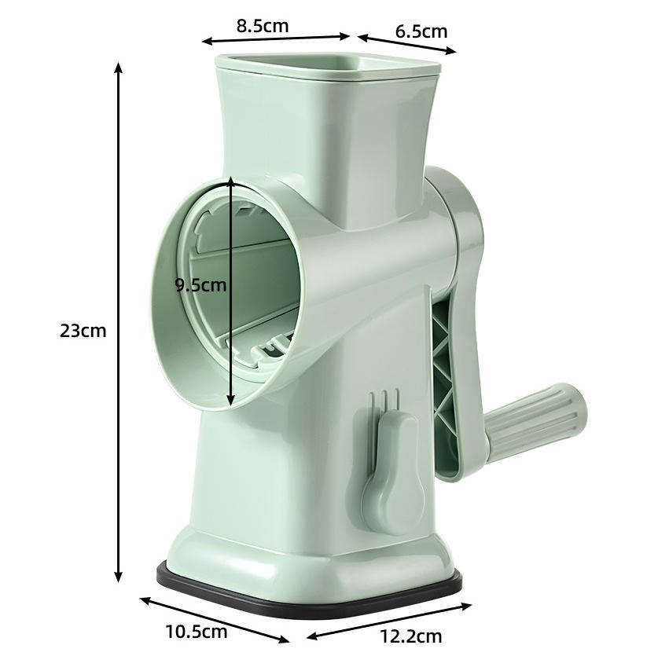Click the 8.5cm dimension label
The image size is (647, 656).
point(263,25)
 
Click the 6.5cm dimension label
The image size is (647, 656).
point(421,31)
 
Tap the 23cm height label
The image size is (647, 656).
point(83,330)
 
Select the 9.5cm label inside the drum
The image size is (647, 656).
point(200,284)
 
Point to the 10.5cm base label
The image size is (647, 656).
point(196,630)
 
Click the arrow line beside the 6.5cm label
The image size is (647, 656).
point(406,44)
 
